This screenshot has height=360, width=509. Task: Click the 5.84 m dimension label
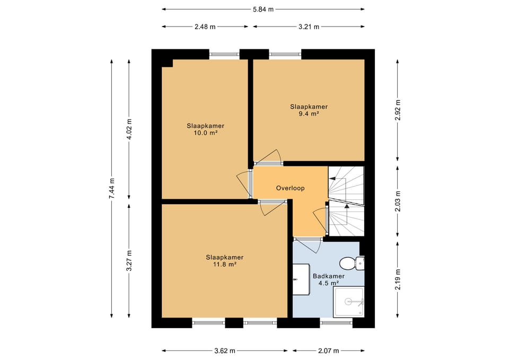[x=264, y=10]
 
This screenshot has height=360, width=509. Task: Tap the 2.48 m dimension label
[x=205, y=27]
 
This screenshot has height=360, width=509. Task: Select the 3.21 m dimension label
[x=309, y=27]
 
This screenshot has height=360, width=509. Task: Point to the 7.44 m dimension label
[x=111, y=189]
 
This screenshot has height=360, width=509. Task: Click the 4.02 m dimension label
[x=129, y=129]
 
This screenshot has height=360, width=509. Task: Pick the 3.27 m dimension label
[x=129, y=261]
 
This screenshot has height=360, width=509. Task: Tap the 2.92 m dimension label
[x=398, y=110]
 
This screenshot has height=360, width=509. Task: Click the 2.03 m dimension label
[x=398, y=201]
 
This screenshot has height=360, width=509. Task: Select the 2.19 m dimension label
[x=398, y=279]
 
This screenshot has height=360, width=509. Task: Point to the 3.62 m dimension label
[x=225, y=350]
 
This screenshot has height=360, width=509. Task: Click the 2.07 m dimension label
[x=329, y=350]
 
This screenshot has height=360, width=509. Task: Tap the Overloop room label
[x=290, y=188]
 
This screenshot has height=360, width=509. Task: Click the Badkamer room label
[x=329, y=276]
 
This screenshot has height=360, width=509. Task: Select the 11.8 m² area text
[x=224, y=264]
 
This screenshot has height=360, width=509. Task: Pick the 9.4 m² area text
[x=309, y=113]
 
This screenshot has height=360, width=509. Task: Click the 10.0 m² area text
[x=205, y=133]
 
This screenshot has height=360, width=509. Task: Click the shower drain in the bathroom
[x=348, y=302]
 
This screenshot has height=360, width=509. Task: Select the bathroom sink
[x=301, y=279]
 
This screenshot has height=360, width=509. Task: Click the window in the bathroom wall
[x=336, y=323]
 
